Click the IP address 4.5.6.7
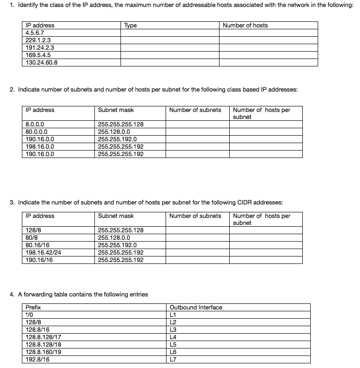(35, 33)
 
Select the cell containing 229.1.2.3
(38, 40)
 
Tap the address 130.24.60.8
(41, 62)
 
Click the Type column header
(131, 26)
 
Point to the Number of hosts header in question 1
(245, 26)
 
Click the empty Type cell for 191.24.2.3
(170, 47)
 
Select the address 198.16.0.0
(40, 146)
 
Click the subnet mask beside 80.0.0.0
(114, 131)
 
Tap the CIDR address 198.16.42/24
(43, 252)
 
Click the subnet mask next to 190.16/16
(120, 260)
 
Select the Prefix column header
(33, 307)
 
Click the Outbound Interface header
(196, 307)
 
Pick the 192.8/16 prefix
(38, 359)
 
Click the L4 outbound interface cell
(173, 337)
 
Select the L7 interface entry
(173, 359)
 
